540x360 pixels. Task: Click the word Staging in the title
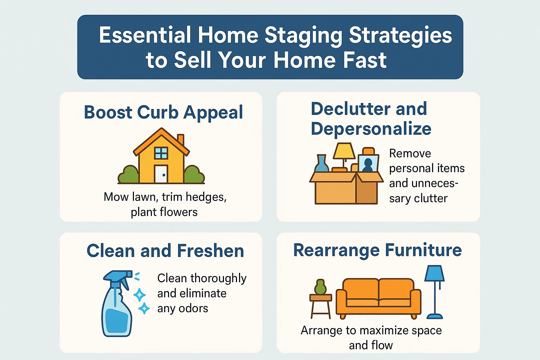point(303,36)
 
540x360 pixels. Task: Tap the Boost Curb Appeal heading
point(163,112)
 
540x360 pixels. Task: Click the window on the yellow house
point(161,153)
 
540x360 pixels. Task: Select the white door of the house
point(161,174)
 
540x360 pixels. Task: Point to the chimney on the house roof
point(181,140)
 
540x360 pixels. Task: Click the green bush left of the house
point(128,175)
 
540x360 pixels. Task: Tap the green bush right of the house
point(194,175)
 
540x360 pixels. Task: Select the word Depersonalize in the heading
point(371,129)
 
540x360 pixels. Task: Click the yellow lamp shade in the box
point(344,151)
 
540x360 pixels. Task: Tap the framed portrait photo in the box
point(368,163)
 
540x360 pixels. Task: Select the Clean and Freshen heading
point(165,251)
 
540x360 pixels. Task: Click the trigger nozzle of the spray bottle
point(118,276)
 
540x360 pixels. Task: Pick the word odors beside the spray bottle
point(193,308)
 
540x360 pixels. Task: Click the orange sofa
point(378,297)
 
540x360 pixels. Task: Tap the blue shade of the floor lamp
point(434,274)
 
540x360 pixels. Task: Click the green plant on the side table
point(320,287)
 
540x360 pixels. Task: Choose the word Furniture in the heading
point(423,250)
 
